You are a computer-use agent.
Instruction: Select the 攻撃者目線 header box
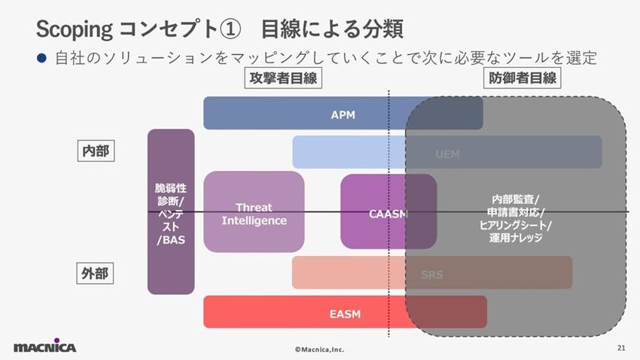pyautogui.click(x=283, y=78)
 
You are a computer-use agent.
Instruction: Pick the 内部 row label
pyautogui.click(x=96, y=151)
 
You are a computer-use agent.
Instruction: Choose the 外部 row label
pyautogui.click(x=96, y=273)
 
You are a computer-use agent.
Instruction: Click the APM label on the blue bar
pyautogui.click(x=343, y=114)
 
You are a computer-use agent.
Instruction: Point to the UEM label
pyautogui.click(x=447, y=154)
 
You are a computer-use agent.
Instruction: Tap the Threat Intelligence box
pyautogui.click(x=254, y=214)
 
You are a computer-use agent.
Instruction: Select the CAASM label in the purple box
pyautogui.click(x=389, y=214)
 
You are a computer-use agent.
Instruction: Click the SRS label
pyautogui.click(x=432, y=274)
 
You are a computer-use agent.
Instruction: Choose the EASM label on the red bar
pyautogui.click(x=345, y=313)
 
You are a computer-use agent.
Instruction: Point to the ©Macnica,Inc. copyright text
pyautogui.click(x=319, y=349)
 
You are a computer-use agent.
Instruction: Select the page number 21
pyautogui.click(x=620, y=348)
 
